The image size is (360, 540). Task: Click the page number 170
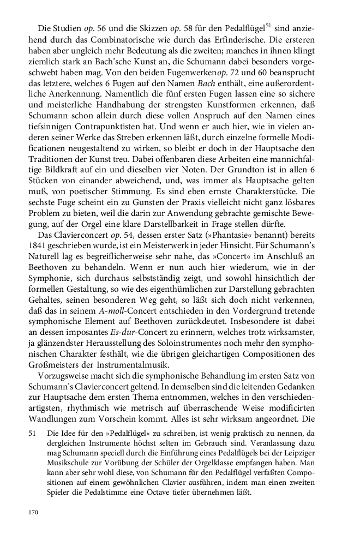33,512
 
